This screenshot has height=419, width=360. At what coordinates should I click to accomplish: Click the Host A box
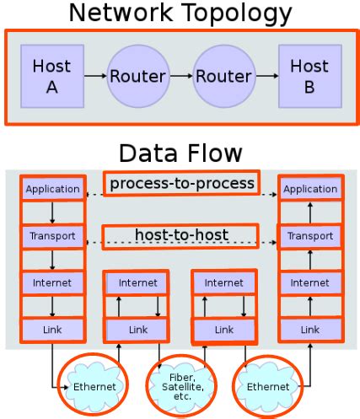[51, 76]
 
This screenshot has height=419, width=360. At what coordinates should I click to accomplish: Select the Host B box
[309, 76]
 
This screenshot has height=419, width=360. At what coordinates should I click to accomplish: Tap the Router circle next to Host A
[137, 77]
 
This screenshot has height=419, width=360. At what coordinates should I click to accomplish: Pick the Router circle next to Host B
[223, 77]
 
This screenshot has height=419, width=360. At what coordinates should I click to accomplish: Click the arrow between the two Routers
[180, 77]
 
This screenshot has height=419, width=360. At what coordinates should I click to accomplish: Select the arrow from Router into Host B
[266, 77]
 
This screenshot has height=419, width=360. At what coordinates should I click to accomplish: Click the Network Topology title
[180, 13]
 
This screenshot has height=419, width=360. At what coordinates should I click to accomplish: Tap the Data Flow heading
[180, 153]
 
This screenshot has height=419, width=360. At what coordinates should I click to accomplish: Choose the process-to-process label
[181, 183]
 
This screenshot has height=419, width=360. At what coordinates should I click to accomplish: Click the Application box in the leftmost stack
[52, 190]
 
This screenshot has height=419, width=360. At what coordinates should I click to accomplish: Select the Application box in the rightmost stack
[309, 190]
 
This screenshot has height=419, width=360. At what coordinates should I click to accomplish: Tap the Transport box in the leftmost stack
[52, 236]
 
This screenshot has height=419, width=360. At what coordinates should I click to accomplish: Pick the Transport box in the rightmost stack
[309, 236]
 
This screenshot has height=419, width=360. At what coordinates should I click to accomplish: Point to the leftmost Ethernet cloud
[94, 386]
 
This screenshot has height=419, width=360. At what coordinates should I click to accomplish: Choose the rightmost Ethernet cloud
[267, 386]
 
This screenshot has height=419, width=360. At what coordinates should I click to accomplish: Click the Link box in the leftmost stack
[52, 330]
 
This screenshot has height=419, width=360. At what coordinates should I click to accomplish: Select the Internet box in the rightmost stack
[309, 283]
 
